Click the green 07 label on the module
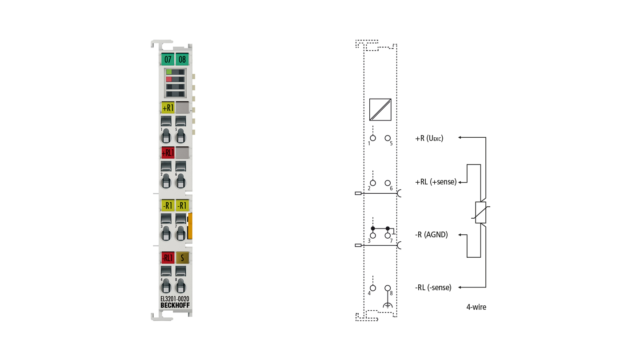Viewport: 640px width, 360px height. [168, 59]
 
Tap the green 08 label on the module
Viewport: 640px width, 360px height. [182, 59]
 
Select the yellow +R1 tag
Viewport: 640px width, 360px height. [168, 108]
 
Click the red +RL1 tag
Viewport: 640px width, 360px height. [168, 153]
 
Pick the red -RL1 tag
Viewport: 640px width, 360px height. [168, 258]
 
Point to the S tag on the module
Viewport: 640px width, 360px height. [182, 258]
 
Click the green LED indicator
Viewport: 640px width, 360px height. [169, 72]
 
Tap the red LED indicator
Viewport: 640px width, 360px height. [169, 79]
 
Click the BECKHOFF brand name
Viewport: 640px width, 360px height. [175, 305]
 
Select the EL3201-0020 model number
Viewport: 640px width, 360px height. [175, 299]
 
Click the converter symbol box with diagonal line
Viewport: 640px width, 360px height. [380, 110]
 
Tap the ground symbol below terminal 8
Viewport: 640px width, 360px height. [388, 305]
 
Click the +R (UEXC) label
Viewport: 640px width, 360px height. [429, 139]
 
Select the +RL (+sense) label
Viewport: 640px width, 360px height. [436, 182]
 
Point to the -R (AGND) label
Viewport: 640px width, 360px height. [432, 235]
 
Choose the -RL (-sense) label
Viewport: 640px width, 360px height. [433, 288]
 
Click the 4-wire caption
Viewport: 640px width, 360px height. [476, 307]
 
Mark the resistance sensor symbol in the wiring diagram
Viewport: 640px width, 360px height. [480, 212]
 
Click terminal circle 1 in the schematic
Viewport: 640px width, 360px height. [373, 138]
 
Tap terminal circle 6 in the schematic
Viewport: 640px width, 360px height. [388, 183]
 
